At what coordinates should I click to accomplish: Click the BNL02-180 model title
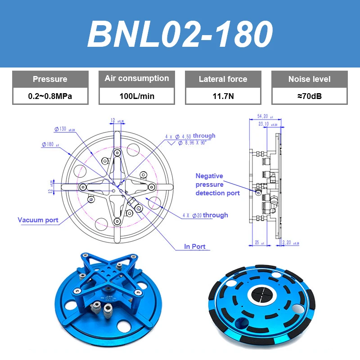point(180,34)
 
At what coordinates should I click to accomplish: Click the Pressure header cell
point(50,79)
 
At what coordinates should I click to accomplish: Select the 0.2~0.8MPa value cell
point(50,96)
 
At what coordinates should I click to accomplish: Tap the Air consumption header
point(137,78)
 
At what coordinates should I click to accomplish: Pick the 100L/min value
point(137,96)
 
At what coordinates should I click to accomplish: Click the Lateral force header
point(223,79)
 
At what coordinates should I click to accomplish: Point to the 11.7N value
point(223,96)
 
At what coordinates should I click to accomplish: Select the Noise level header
point(309,79)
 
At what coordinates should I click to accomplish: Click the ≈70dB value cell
point(309,96)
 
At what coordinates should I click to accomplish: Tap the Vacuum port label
point(38,220)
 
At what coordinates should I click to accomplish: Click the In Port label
point(194,247)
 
